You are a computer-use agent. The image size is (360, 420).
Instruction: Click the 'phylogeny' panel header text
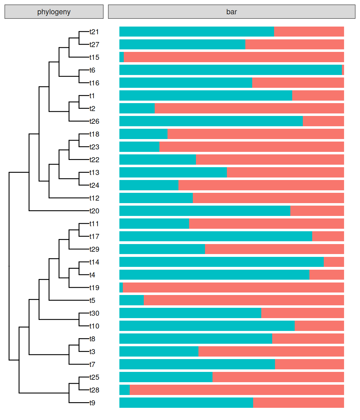tap(54, 12)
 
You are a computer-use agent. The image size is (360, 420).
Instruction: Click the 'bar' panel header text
tap(232, 12)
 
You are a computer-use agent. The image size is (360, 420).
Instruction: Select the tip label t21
tap(94, 32)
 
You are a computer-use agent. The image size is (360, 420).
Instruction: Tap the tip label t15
tap(94, 57)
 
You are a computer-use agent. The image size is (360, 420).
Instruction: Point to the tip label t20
tap(94, 211)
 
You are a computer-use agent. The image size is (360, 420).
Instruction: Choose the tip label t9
tap(92, 403)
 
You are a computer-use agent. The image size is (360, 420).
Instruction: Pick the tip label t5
tap(92, 301)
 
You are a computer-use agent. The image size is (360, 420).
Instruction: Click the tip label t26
tap(94, 121)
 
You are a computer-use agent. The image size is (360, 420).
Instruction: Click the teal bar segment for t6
tap(230, 70)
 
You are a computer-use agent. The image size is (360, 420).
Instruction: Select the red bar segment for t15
tap(234, 57)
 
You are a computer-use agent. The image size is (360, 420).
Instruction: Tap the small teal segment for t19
tap(121, 287)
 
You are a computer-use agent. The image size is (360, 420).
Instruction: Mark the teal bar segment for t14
tap(221, 262)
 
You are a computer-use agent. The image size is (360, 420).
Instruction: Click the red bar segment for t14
tap(334, 262)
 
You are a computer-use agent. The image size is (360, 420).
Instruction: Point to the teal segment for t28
tap(125, 390)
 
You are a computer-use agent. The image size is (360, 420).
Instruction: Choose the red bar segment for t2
tap(249, 108)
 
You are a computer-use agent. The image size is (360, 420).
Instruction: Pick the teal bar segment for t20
tap(205, 211)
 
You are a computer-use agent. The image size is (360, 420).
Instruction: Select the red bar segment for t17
tap(328, 236)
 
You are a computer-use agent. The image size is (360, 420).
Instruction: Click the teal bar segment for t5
tap(132, 300)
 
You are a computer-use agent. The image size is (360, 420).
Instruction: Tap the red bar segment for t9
tap(298, 403)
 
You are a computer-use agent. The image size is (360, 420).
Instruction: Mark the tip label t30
tap(94, 313)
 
